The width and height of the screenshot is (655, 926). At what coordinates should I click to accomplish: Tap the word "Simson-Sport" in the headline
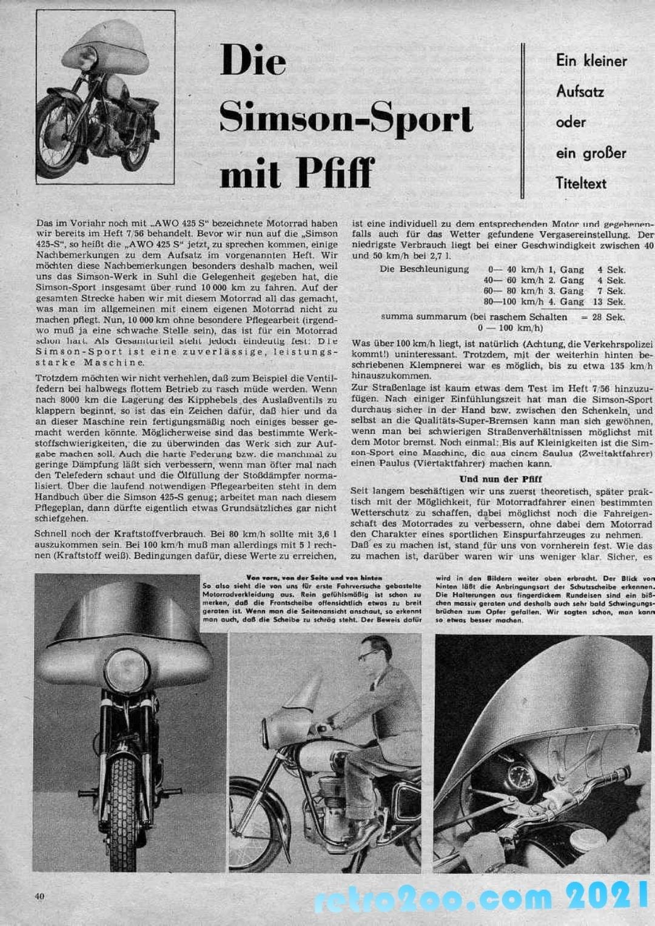tap(346, 116)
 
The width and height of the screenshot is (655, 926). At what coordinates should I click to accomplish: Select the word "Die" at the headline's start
tap(253, 61)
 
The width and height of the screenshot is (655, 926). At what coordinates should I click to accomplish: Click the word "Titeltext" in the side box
tap(580, 183)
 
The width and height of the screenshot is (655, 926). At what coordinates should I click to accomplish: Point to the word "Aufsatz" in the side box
tap(580, 92)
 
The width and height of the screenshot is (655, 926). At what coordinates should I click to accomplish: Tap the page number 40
tap(40, 896)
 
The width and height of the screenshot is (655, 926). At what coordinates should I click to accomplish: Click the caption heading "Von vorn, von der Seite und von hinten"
tap(314, 578)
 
